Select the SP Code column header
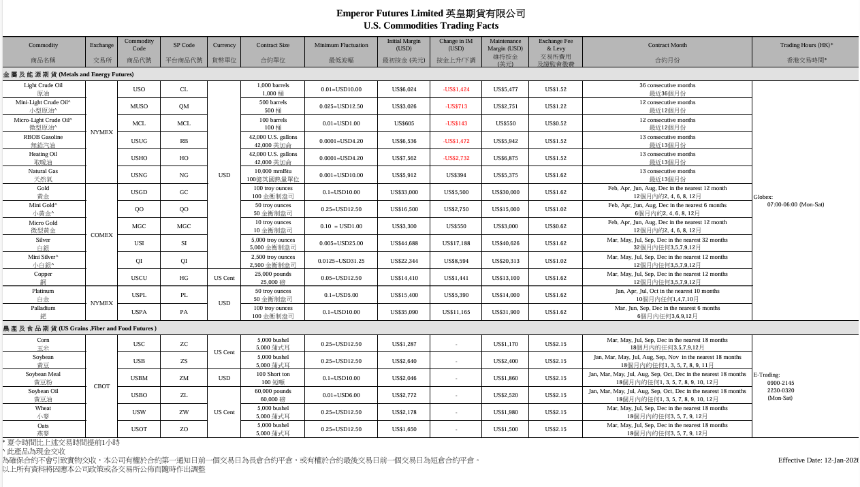click(184, 45)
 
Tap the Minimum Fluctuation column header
click(340, 45)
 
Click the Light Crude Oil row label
click(43, 86)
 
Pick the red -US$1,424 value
click(456, 89)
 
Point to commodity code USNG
click(139, 175)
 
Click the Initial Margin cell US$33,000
click(404, 192)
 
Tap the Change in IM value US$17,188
click(456, 243)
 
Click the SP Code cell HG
click(184, 278)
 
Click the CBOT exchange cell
click(101, 386)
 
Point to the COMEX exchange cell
click(101, 235)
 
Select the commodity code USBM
click(139, 378)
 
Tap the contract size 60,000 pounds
click(273, 392)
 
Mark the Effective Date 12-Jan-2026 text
click(818, 460)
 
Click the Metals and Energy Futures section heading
click(68, 74)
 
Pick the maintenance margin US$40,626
click(505, 243)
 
